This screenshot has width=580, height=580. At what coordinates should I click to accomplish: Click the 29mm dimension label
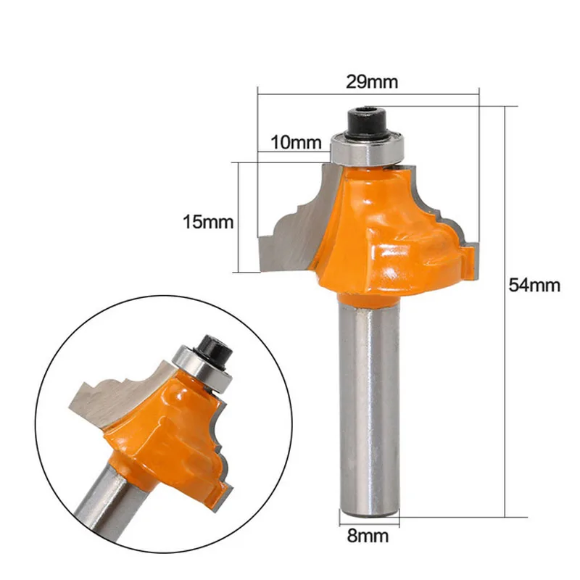[x=371, y=82]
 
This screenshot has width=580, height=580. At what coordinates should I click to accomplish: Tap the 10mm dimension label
[x=296, y=142]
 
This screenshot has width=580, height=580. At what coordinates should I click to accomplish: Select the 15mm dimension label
[x=209, y=222]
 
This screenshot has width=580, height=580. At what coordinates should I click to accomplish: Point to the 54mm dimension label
[x=534, y=285]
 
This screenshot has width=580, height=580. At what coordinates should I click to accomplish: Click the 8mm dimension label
[x=369, y=536]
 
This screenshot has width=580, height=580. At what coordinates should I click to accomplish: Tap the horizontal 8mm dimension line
[x=369, y=516]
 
